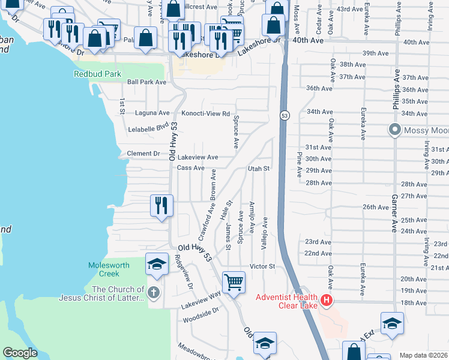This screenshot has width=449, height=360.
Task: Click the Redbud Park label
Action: click(97, 74)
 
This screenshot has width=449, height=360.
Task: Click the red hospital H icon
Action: click(326, 299)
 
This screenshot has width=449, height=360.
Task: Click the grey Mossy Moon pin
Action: click(394, 130)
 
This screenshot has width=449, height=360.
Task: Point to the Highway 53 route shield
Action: click(285, 115)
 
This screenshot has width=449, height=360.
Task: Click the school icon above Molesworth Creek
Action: click(157, 264)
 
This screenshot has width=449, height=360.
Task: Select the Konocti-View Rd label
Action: click(206, 113)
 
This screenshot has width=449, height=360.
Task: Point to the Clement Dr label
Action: click(143, 154)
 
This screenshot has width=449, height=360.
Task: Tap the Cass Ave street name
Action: click(191, 168)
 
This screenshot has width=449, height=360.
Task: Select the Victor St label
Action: click(262, 266)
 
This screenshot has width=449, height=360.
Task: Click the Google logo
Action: click(20, 353)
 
